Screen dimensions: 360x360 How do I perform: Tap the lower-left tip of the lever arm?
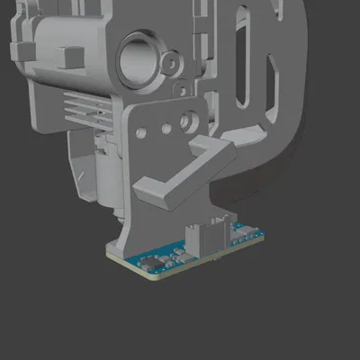pos(144,190)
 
